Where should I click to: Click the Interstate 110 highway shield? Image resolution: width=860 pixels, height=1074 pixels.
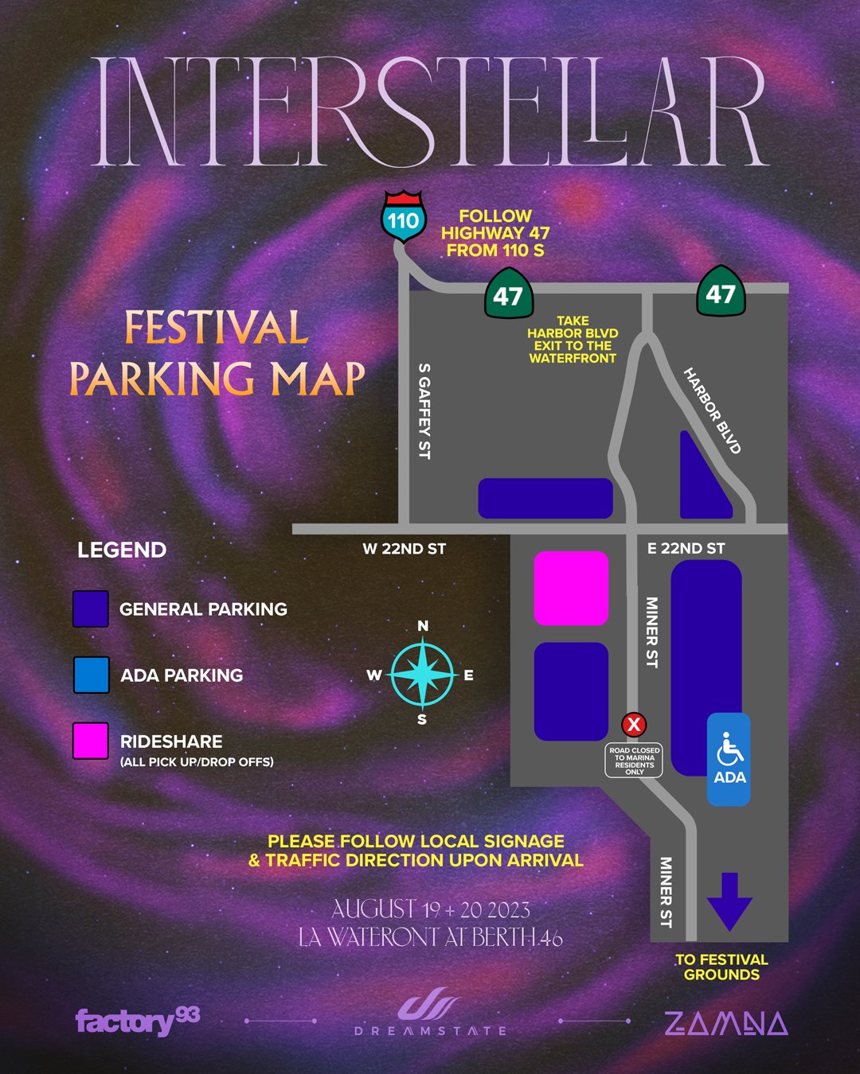tap(404, 217)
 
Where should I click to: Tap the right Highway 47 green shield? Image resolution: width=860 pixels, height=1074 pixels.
tap(720, 291)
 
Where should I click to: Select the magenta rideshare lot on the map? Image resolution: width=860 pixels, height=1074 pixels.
tap(571, 588)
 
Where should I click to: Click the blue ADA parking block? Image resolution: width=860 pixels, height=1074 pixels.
tap(729, 759)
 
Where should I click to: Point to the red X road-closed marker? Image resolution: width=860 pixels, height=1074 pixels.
tap(634, 725)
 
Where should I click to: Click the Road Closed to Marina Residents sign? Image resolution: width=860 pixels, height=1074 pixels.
tap(635, 761)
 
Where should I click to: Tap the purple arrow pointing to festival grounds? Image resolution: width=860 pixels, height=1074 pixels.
tap(729, 901)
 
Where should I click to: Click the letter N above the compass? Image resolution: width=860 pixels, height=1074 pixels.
tap(423, 626)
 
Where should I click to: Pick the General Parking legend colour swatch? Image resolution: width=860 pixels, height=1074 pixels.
tap(91, 609)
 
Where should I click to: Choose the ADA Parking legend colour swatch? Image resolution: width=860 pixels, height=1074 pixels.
tap(91, 675)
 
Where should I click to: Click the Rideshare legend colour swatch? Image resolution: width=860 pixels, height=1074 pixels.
tap(91, 741)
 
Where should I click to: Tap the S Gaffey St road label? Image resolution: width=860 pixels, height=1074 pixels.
tap(424, 411)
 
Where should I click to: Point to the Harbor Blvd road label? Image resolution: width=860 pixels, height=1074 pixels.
tap(713, 411)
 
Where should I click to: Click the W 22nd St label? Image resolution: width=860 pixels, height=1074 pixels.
tap(404, 549)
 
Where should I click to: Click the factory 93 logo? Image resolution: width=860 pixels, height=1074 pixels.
tap(137, 1020)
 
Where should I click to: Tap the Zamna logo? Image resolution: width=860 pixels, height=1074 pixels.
tap(725, 1023)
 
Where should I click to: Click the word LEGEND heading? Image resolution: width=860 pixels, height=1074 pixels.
tap(122, 550)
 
